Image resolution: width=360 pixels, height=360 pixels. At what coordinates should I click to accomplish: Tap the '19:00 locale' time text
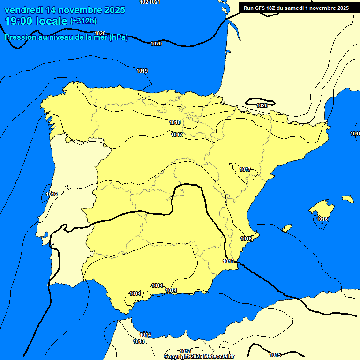[x=36, y=21]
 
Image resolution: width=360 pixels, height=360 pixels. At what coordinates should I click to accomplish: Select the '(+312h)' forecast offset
[x=83, y=21]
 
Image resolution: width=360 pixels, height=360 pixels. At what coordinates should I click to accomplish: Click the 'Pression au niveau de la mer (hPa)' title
[x=66, y=37]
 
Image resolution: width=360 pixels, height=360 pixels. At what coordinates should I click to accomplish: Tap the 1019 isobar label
[x=142, y=71]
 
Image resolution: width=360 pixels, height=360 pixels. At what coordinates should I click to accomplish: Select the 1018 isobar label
[x=175, y=122]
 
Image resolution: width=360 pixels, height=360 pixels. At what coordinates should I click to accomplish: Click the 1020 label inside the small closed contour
[x=262, y=105]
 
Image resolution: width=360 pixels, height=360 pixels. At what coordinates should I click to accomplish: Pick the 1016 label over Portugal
[x=52, y=194]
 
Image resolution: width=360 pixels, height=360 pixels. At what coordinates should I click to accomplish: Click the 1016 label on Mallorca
[x=322, y=219]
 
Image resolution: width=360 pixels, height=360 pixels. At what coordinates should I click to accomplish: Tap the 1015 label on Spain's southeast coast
[x=228, y=261]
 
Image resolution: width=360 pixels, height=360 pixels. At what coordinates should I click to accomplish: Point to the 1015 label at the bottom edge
[x=275, y=355]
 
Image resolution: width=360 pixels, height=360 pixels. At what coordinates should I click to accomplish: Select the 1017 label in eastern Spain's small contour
[x=245, y=169]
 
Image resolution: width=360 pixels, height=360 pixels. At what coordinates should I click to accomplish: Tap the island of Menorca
[x=347, y=199]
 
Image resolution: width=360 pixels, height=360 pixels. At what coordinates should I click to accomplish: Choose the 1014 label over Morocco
[x=145, y=335]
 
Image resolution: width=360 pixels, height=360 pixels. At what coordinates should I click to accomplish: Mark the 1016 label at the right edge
[x=355, y=134]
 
